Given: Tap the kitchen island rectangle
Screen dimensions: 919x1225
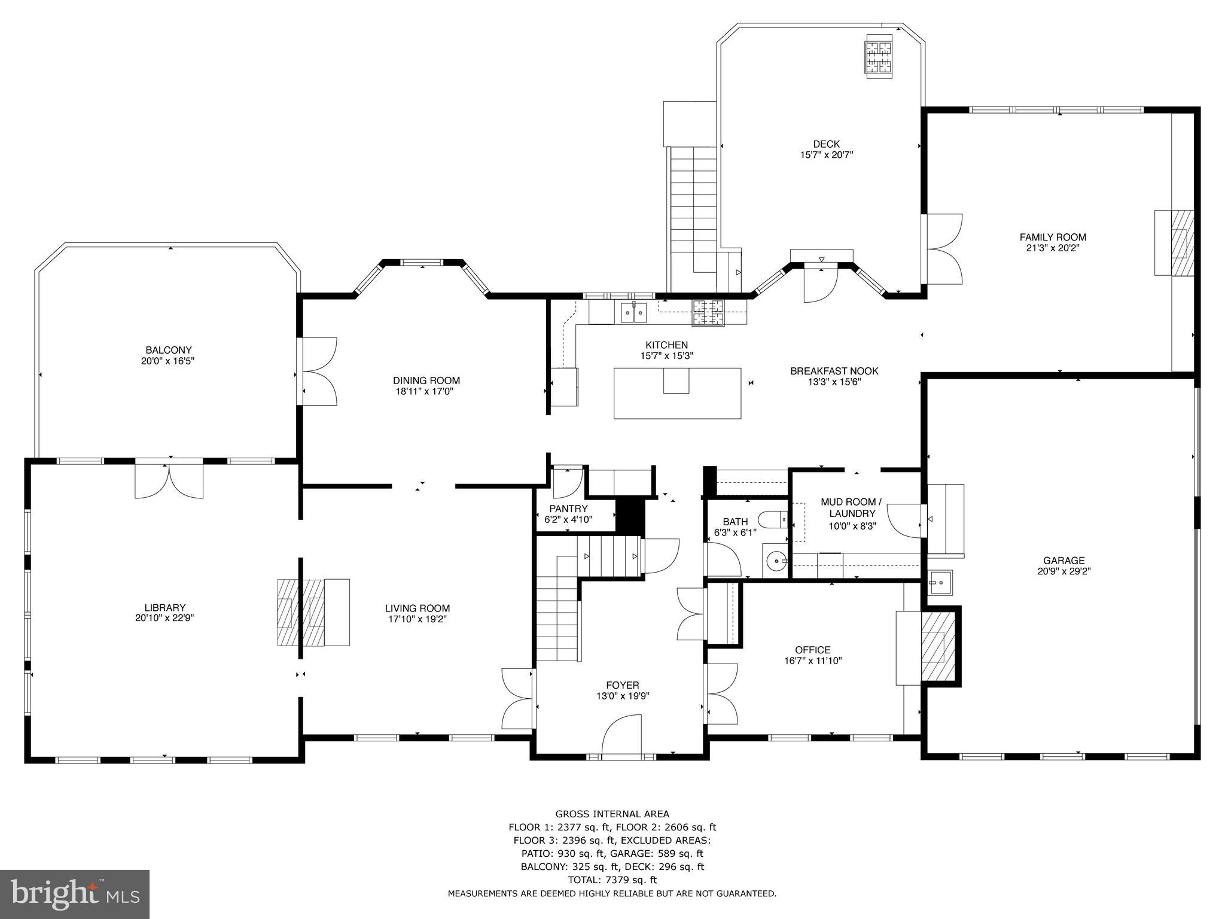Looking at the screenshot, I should (677, 393).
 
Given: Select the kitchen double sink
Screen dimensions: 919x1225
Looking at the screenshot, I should (633, 312).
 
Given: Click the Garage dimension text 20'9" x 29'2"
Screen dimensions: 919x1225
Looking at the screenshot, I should (1064, 571).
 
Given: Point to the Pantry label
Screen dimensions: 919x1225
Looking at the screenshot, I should (568, 509).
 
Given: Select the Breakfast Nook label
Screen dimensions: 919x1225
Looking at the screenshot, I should (834, 371).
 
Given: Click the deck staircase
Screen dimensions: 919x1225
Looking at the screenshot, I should (693, 203).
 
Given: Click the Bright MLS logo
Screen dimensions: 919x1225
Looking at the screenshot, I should (75, 894).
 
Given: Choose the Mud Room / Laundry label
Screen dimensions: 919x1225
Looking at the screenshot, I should (852, 507).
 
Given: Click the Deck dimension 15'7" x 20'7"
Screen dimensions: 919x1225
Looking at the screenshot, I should (826, 155).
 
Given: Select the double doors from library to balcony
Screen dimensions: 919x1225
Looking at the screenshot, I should (169, 479).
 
